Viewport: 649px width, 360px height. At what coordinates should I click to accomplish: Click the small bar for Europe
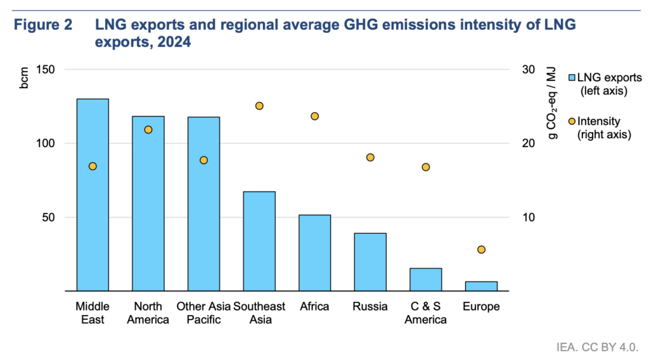tap(481, 286)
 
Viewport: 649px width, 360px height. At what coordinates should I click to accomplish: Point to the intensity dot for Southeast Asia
tap(259, 106)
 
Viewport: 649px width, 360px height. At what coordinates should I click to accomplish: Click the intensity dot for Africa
tap(314, 116)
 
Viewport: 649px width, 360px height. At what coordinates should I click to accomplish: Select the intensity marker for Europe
tap(481, 250)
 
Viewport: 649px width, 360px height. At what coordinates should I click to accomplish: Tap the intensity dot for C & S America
tap(426, 167)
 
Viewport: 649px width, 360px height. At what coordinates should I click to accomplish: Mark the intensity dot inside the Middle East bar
tap(93, 166)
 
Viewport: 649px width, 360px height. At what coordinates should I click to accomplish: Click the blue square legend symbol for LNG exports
tap(572, 77)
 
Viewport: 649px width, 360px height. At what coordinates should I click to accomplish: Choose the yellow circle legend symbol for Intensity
tap(572, 121)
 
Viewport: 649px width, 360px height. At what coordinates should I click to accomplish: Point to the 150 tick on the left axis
tap(51, 70)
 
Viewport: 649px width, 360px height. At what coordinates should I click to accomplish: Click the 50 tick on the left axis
tap(53, 217)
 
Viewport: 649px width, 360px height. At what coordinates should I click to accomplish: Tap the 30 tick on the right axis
tap(529, 70)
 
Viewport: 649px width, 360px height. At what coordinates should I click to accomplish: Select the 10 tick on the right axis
tap(529, 217)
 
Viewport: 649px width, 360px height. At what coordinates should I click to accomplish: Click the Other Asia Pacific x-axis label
tap(203, 313)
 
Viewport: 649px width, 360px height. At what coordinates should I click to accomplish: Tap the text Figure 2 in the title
tap(44, 26)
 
